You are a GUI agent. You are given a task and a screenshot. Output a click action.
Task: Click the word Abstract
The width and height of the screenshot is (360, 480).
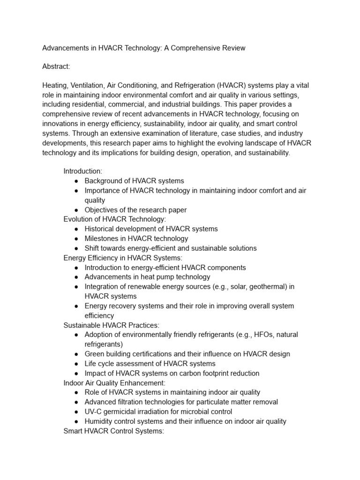click(56, 67)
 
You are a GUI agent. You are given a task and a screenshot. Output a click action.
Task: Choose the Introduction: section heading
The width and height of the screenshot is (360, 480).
click(82, 171)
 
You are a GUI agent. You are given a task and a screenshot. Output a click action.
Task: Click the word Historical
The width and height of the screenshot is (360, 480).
click(100, 229)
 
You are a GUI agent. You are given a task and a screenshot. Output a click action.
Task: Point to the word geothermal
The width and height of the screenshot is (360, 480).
click(268, 286)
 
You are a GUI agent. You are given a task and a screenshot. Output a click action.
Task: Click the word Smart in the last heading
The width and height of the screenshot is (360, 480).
click(73, 431)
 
